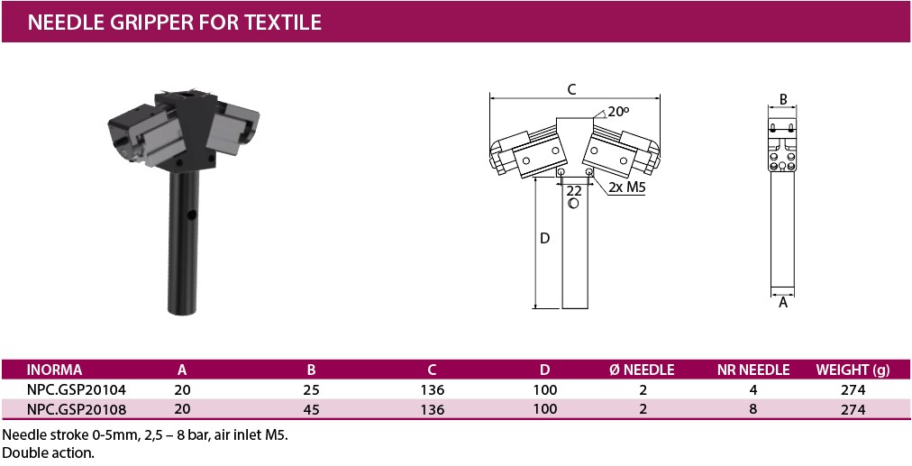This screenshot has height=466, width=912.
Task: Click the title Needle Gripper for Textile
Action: pyautogui.click(x=175, y=23)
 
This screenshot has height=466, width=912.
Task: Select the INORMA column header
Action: pyautogui.click(x=54, y=370)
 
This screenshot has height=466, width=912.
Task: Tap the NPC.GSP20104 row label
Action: pyautogui.click(x=77, y=389)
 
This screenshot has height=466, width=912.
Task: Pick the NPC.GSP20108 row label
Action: pyautogui.click(x=77, y=409)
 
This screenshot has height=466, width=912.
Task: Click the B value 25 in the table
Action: pyautogui.click(x=311, y=389)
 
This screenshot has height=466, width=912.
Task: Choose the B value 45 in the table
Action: pyautogui.click(x=311, y=409)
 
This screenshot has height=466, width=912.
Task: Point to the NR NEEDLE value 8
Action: pyautogui.click(x=753, y=409)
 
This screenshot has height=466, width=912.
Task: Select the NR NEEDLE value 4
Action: pyautogui.click(x=753, y=389)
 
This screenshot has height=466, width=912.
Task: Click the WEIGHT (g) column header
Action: pyautogui.click(x=853, y=370)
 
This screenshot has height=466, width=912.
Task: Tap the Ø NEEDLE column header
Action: pyautogui.click(x=642, y=370)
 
